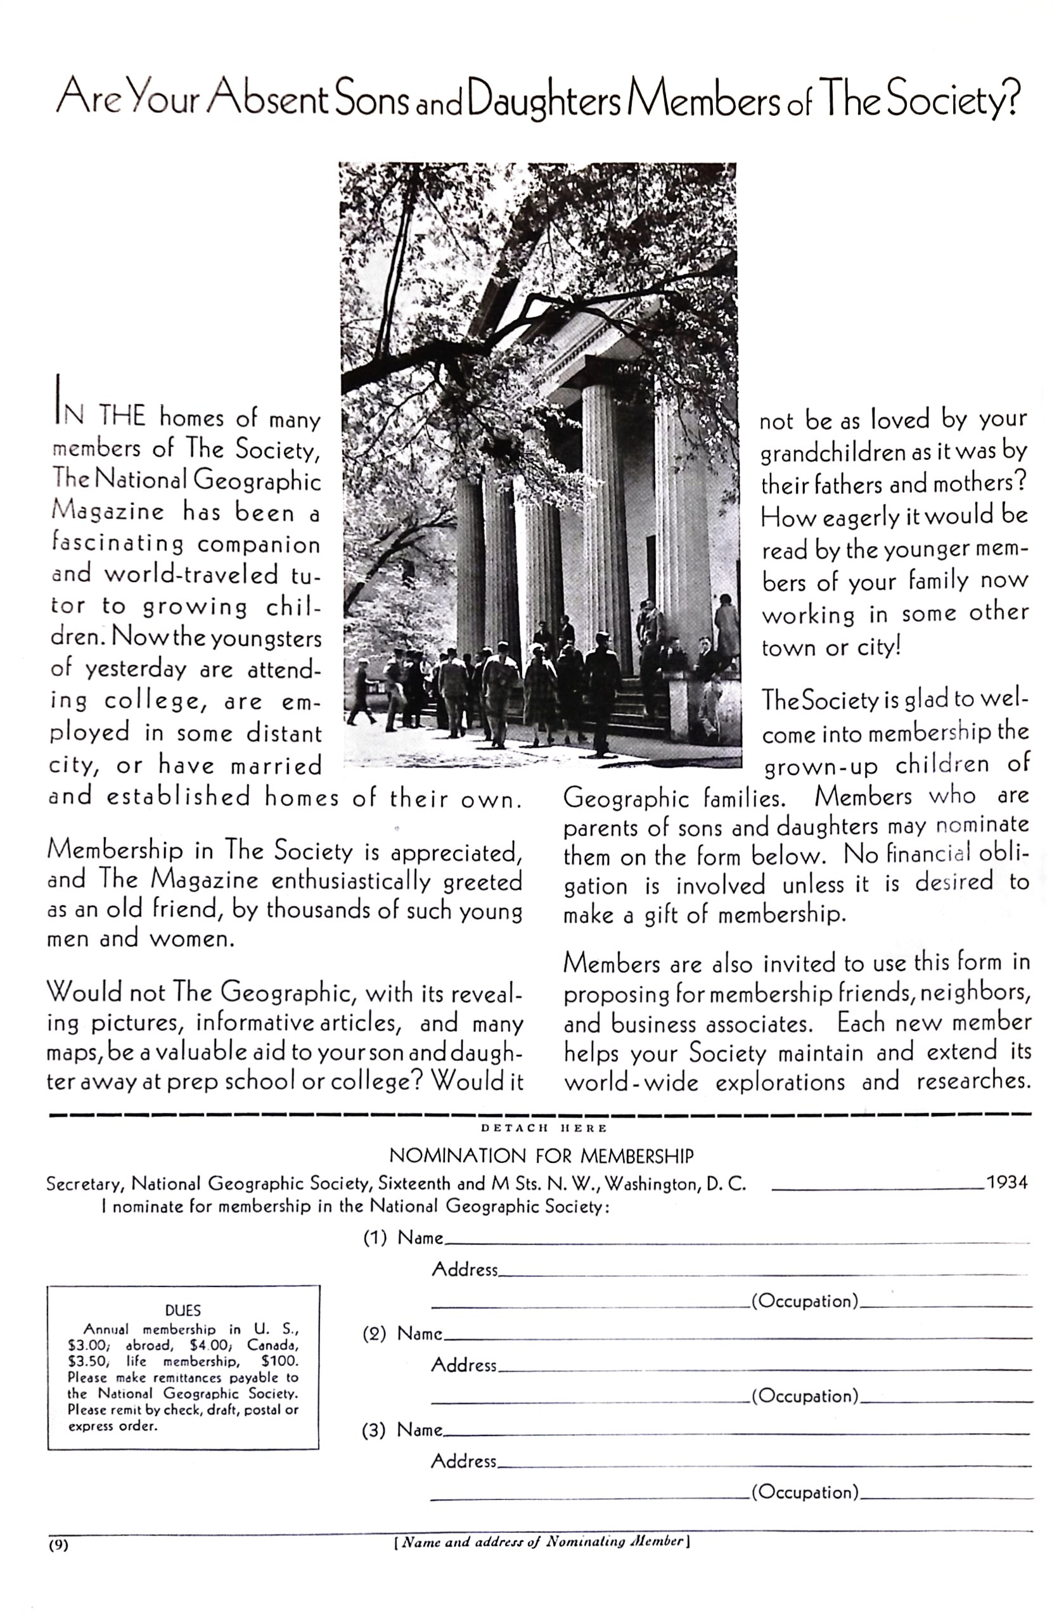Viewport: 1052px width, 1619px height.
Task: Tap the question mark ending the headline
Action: click(1012, 99)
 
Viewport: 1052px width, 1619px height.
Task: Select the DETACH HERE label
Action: click(543, 1128)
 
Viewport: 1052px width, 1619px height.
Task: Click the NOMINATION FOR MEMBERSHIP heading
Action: click(541, 1156)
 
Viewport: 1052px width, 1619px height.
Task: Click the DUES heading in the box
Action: click(183, 1310)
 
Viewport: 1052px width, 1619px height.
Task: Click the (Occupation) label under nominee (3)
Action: click(804, 1492)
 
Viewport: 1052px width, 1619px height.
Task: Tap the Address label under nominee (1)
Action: click(465, 1269)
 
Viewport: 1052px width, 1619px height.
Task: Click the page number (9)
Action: click(58, 1545)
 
